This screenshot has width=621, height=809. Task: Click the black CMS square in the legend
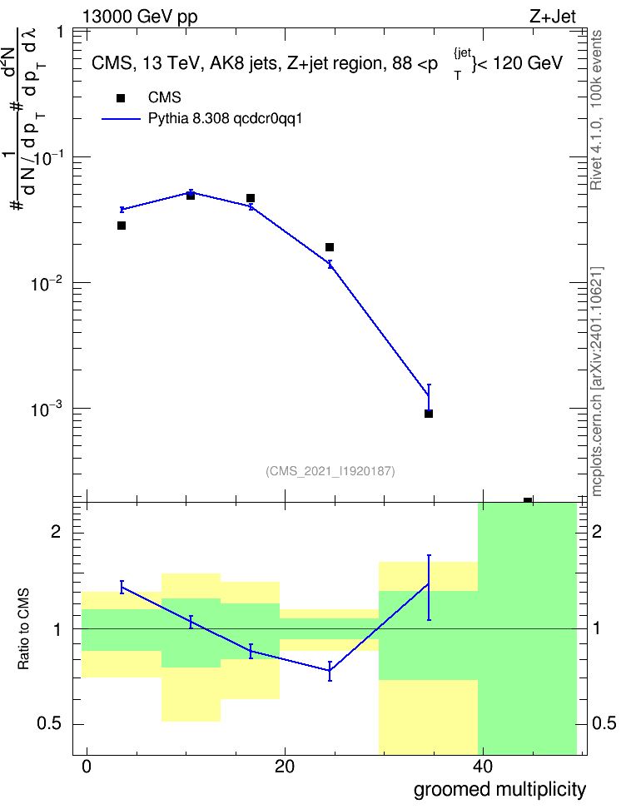(x=121, y=98)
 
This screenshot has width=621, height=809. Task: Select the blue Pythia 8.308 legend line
(x=121, y=119)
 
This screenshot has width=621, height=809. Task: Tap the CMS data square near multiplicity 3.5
(x=122, y=226)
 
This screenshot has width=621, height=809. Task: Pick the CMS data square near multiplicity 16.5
(x=251, y=198)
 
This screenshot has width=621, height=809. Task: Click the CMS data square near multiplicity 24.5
(x=330, y=247)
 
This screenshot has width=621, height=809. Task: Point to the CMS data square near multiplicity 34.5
(x=429, y=414)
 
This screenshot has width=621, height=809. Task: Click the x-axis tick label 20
(x=285, y=767)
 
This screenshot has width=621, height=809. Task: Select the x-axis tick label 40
(x=482, y=767)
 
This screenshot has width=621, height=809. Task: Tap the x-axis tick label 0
(x=87, y=767)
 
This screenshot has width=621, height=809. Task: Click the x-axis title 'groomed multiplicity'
(x=499, y=790)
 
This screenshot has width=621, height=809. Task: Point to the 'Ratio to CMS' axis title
(x=24, y=629)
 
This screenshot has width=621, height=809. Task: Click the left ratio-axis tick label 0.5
(x=49, y=723)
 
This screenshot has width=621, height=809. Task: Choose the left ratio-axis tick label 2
(x=56, y=531)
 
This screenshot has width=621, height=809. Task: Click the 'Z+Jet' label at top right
(x=553, y=17)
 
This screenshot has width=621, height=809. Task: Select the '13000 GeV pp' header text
(x=140, y=17)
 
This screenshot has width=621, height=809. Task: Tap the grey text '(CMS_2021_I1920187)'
(x=330, y=471)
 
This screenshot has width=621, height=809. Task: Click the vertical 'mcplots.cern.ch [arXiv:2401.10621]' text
(x=597, y=382)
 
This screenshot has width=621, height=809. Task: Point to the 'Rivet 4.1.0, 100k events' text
(x=596, y=110)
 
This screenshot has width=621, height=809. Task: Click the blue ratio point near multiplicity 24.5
(x=330, y=670)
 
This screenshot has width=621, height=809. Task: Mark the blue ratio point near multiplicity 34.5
(x=429, y=584)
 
